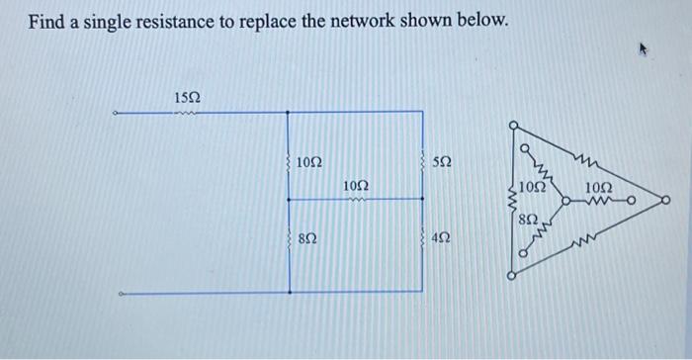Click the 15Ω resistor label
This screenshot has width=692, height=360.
pos(187,97)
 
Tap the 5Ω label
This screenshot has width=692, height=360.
pos(443,161)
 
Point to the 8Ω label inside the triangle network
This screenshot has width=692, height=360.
pos(530,217)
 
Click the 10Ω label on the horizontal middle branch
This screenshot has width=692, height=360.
pos(356,186)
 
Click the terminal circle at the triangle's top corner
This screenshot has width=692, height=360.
pos(512,126)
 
